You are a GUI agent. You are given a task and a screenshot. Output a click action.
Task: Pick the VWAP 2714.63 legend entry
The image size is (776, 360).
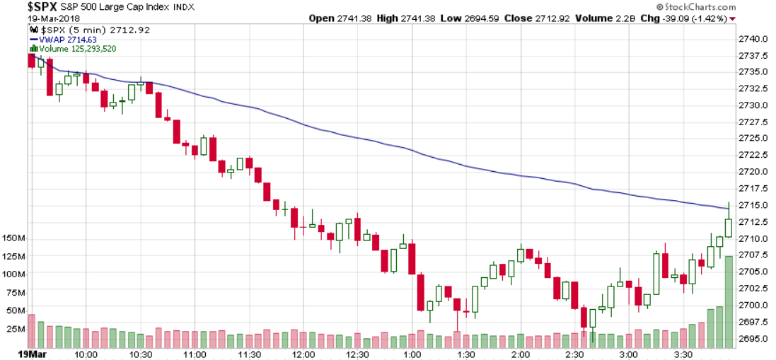pyautogui.click(x=68, y=40)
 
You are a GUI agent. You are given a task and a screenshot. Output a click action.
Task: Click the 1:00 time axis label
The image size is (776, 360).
pyautogui.click(x=412, y=353)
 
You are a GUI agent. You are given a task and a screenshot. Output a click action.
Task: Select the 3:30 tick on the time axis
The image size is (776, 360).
pyautogui.click(x=683, y=353)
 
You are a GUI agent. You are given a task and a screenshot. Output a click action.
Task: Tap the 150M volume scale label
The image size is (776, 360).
pyautogui.click(x=14, y=238)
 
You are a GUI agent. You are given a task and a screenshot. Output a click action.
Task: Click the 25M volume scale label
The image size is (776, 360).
pyautogui.click(x=16, y=328)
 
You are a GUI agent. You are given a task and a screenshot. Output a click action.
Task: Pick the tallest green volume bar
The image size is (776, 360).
pyautogui.click(x=728, y=301)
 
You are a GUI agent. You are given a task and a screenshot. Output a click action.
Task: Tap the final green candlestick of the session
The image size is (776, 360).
pyautogui.click(x=728, y=227)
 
